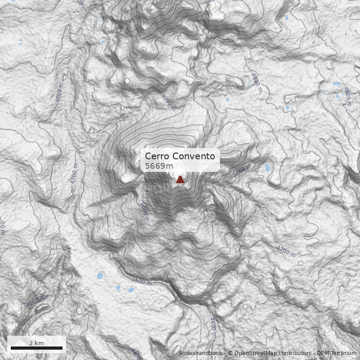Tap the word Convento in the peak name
point(193,156)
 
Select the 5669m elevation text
point(159,166)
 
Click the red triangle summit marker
point(180,180)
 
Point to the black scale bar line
point(36,348)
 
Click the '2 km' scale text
point(36,343)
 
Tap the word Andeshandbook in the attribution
point(200,353)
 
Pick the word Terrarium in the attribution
point(343,353)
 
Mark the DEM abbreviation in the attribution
point(323,353)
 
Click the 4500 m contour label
point(36,301)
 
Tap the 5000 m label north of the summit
point(168,102)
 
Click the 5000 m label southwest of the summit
point(144,212)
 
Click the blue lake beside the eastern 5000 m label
point(268,168)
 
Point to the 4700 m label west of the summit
point(74,173)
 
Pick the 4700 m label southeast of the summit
point(286,252)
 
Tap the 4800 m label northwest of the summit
point(59,92)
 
